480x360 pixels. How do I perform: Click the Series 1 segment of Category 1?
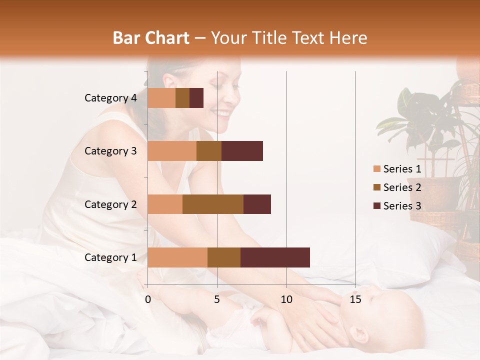[x=177, y=257]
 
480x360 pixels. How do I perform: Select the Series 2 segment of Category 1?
[x=224, y=257]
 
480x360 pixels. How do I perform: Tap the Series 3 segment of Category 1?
[x=275, y=257]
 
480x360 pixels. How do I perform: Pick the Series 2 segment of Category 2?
[x=213, y=204]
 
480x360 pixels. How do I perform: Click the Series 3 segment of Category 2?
[x=257, y=204]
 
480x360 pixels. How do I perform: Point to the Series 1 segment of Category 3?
[x=172, y=151]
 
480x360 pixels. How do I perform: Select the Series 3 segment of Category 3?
[x=242, y=151]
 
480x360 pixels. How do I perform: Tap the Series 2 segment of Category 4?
[x=182, y=98]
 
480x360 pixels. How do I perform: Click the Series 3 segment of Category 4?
[x=196, y=98]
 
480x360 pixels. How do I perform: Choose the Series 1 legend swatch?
[x=376, y=169]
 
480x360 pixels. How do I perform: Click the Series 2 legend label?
[x=402, y=187]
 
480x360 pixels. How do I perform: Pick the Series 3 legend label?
[x=402, y=206]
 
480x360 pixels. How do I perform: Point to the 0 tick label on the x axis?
[x=148, y=299]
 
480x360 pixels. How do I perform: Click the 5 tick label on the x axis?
[x=217, y=299]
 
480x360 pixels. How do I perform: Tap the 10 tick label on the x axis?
[x=286, y=299]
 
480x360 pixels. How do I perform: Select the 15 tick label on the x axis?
[x=355, y=299]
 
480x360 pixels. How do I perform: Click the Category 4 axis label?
[x=110, y=98]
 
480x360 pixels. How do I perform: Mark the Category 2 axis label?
[x=110, y=204]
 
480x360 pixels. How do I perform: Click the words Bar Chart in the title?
[x=151, y=38]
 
